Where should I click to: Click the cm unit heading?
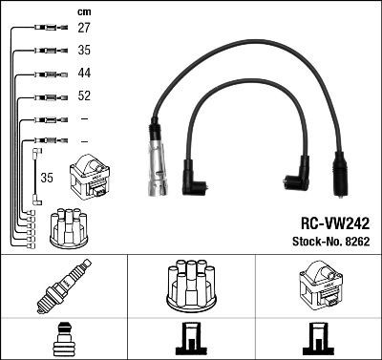pos(82,11)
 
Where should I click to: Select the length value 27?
pos(84,29)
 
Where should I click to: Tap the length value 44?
pos(84,74)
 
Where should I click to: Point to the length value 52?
pos(84,96)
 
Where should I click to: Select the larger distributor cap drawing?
pos(190,286)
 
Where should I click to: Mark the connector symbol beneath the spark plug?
pos(63,340)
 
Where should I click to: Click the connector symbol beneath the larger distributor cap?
pos(190,339)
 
